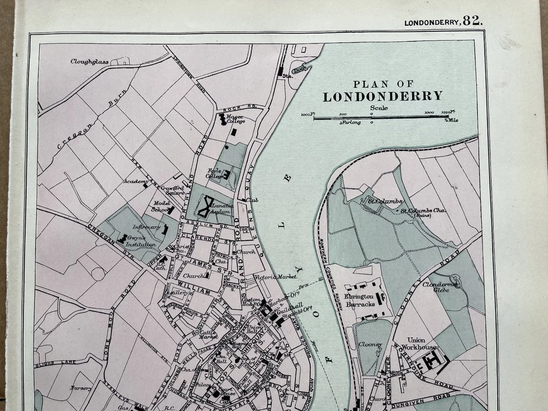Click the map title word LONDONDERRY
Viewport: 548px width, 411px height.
(382, 96)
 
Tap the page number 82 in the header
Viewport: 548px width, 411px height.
(473, 21)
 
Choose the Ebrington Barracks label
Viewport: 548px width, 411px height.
(360, 301)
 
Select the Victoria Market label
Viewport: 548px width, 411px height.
(276, 277)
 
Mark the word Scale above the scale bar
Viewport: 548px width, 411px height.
(378, 108)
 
